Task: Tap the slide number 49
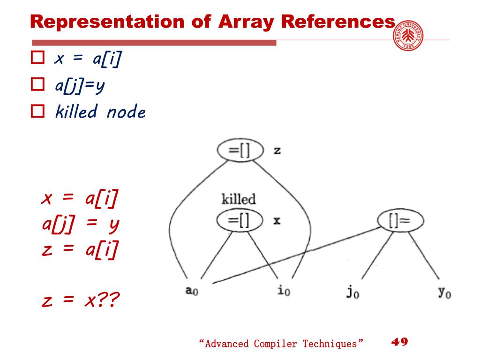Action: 399,341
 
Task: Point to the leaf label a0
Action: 192,291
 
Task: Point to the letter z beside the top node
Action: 277,151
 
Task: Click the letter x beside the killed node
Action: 277,220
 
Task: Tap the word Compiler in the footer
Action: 276,344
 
